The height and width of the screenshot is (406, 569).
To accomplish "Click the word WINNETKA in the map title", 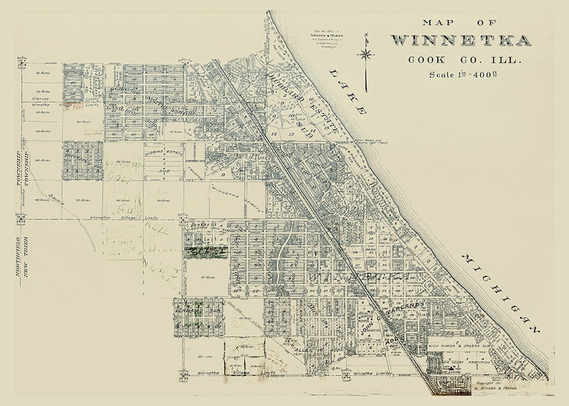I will tap(460, 39).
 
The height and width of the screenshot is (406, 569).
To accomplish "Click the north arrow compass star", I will tap(366, 53).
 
